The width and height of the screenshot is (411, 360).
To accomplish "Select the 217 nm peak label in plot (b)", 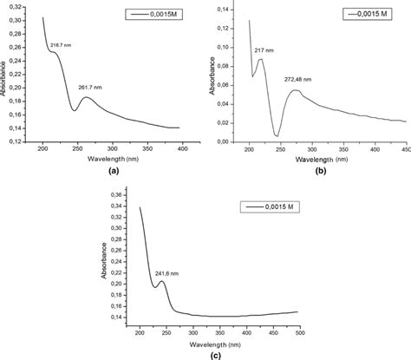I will pyautogui.click(x=264, y=50).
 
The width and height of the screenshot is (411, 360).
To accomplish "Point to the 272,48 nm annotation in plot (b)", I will pyautogui.click(x=299, y=79).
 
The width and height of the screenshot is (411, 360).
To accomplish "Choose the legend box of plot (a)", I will pyautogui.click(x=153, y=15).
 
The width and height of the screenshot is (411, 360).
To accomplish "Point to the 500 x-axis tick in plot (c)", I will pyautogui.click(x=297, y=331).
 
